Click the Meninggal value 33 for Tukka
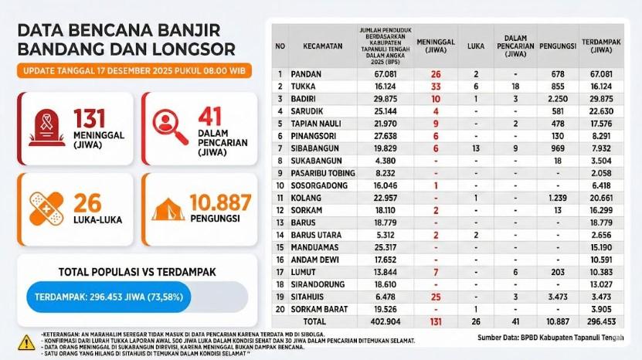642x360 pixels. click(436, 87)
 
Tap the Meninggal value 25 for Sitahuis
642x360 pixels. click(436, 297)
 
